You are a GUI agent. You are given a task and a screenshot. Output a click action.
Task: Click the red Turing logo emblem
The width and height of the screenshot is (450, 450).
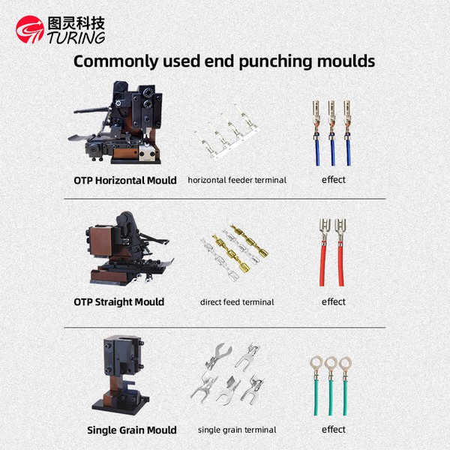point(30,29)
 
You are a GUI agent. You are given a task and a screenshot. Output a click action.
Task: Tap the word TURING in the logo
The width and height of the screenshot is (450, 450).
point(76,37)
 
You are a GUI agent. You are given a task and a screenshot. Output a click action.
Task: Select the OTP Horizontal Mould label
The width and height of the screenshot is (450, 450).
point(125,181)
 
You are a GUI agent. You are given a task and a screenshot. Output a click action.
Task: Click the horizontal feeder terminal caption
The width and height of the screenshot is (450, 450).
point(237,180)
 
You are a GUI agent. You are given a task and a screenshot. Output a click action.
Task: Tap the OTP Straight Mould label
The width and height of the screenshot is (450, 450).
point(118,302)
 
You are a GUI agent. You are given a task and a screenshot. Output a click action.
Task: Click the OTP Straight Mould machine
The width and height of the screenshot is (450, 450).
point(130,249)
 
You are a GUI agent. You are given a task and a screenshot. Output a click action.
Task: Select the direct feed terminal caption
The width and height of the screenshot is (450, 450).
point(237,302)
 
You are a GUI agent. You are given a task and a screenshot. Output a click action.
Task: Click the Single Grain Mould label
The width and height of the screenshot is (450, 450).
point(132,430)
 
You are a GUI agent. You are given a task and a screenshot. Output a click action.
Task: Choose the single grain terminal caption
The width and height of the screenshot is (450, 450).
point(237,430)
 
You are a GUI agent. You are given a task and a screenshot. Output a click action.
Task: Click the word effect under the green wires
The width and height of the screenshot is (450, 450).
point(334,429)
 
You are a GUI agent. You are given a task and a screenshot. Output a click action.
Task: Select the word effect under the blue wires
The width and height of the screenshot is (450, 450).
point(334,180)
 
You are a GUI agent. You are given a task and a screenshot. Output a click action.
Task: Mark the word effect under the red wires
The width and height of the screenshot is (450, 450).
point(334,301)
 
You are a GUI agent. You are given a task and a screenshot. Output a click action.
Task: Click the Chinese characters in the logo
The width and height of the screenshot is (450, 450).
point(76,23)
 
